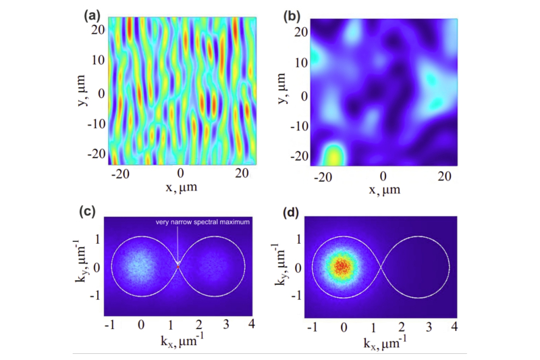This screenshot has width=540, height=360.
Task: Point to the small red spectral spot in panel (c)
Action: coord(178,267)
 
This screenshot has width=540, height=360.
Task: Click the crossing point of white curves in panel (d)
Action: coord(381,267)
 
